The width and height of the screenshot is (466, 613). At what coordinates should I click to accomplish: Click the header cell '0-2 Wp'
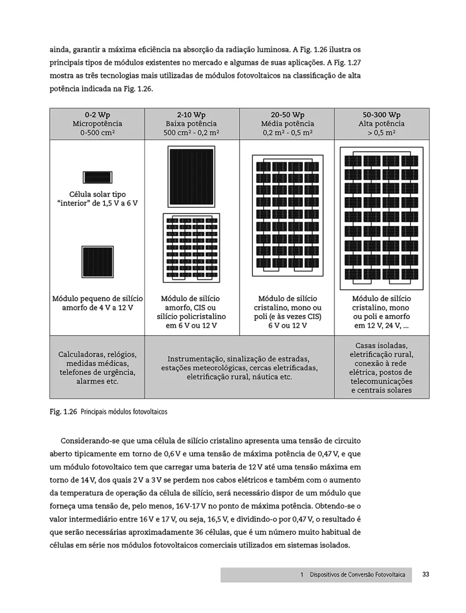(97, 115)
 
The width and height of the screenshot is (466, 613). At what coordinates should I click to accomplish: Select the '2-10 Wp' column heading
(192, 115)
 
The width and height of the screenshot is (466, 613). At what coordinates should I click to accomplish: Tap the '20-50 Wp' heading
(287, 115)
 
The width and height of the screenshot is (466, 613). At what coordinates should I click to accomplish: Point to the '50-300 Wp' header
(382, 115)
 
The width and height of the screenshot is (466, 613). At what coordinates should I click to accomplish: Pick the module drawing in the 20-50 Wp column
(287, 216)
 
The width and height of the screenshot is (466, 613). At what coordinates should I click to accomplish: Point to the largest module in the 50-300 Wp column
(382, 217)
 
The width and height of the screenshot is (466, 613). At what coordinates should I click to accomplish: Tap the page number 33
(426, 574)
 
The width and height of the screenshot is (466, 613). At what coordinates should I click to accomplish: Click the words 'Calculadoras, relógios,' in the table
(97, 354)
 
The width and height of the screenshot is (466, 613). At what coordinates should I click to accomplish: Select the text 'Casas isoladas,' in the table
(381, 346)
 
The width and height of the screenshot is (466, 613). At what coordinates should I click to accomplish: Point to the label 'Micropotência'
(97, 124)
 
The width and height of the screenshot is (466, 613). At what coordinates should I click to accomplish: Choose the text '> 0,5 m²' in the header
(382, 133)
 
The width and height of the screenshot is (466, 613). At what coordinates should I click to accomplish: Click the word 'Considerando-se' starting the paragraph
(90, 440)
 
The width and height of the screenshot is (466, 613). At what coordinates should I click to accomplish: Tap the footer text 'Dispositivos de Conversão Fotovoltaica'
(357, 575)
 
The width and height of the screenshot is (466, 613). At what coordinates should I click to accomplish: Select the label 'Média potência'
(287, 124)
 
